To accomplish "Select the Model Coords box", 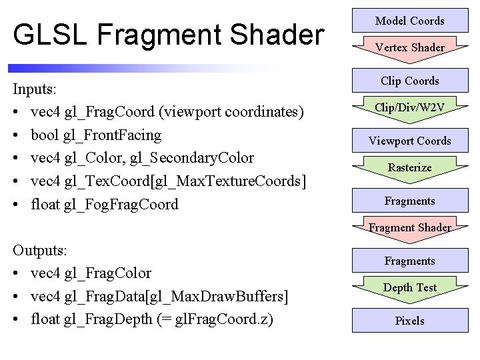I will (x=409, y=21).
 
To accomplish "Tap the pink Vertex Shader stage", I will (x=409, y=47).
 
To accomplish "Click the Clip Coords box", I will (x=409, y=81).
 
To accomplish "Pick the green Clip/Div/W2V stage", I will (x=409, y=107).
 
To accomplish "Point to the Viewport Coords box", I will (x=409, y=141).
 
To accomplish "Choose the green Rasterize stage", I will (x=409, y=167).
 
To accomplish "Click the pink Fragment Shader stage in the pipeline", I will (x=409, y=227).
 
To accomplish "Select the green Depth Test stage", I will (x=409, y=287).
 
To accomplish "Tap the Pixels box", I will (x=409, y=321).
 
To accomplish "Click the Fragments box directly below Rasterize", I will (x=409, y=201).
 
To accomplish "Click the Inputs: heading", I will (x=35, y=89).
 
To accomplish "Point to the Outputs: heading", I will (x=40, y=251).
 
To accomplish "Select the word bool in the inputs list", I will (x=45, y=135).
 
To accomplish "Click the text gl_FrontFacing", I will (x=113, y=135).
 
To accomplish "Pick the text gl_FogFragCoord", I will (x=121, y=205).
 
